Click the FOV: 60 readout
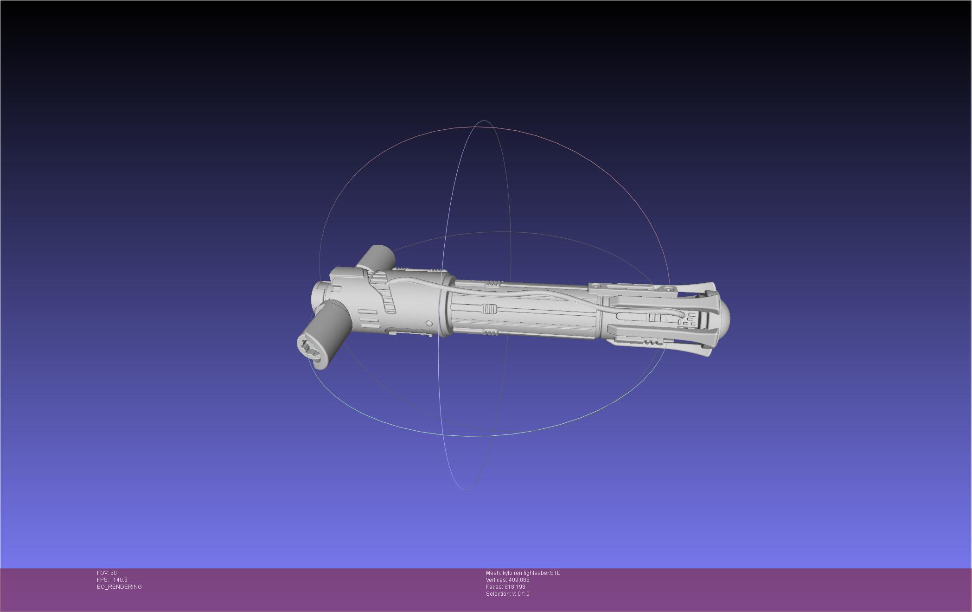[107, 573]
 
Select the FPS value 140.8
[120, 580]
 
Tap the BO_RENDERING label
[119, 587]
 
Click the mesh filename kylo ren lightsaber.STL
[531, 573]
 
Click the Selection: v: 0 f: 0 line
[507, 594]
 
